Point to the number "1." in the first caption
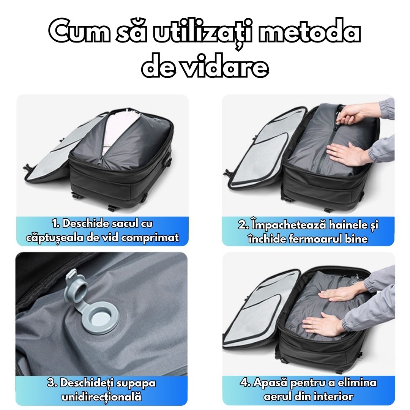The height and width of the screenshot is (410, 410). [x=56, y=224]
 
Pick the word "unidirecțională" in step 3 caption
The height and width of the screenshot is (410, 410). [x=101, y=397]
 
